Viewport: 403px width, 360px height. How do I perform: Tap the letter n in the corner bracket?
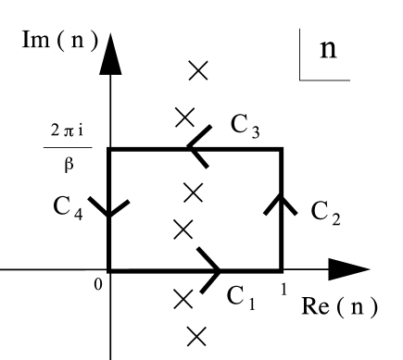pyautogui.click(x=328, y=48)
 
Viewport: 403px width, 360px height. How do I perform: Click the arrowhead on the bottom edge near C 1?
pyautogui.click(x=210, y=271)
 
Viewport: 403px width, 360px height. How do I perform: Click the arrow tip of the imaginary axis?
pyautogui.click(x=110, y=46)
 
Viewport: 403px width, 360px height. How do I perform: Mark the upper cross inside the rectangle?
pyautogui.click(x=193, y=192)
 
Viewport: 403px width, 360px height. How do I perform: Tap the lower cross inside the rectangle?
pyautogui.click(x=183, y=228)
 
